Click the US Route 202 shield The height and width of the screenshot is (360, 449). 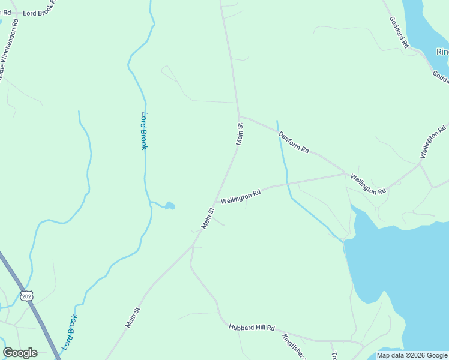(x=26, y=296)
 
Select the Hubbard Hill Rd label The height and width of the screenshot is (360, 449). (x=252, y=328)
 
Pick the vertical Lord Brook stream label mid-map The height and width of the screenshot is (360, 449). (x=144, y=131)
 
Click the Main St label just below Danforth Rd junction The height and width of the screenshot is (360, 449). (x=240, y=134)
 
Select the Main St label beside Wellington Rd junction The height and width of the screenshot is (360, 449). (x=208, y=218)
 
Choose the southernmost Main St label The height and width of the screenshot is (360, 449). (x=133, y=317)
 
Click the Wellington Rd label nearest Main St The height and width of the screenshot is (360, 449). (x=241, y=197)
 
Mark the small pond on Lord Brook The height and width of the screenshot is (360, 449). (x=170, y=206)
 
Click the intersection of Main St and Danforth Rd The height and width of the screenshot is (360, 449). (x=239, y=116)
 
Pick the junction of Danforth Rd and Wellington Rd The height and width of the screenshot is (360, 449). (x=345, y=174)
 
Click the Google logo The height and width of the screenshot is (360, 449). (x=20, y=353)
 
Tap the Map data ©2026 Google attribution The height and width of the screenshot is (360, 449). (x=412, y=355)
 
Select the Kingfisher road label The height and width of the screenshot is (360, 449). (x=295, y=346)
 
